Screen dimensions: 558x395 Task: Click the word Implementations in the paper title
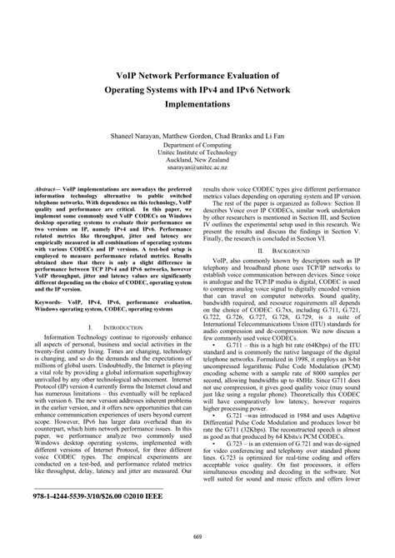point(198,105)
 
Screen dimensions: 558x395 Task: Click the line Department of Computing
point(198,143)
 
